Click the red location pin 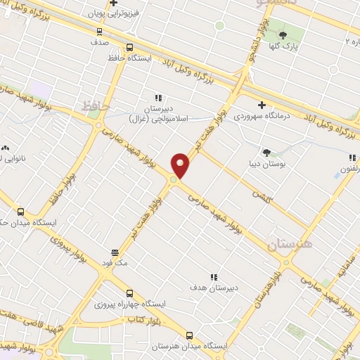pyautogui.click(x=181, y=166)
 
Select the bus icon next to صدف pyautogui.click(x=99, y=31)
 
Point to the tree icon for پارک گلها pyautogui.click(x=283, y=35)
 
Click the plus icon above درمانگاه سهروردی pyautogui.click(x=262, y=105)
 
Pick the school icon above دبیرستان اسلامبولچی pyautogui.click(x=158, y=98)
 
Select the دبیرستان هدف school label pyautogui.click(x=214, y=288)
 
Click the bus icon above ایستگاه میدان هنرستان pyautogui.click(x=189, y=335)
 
